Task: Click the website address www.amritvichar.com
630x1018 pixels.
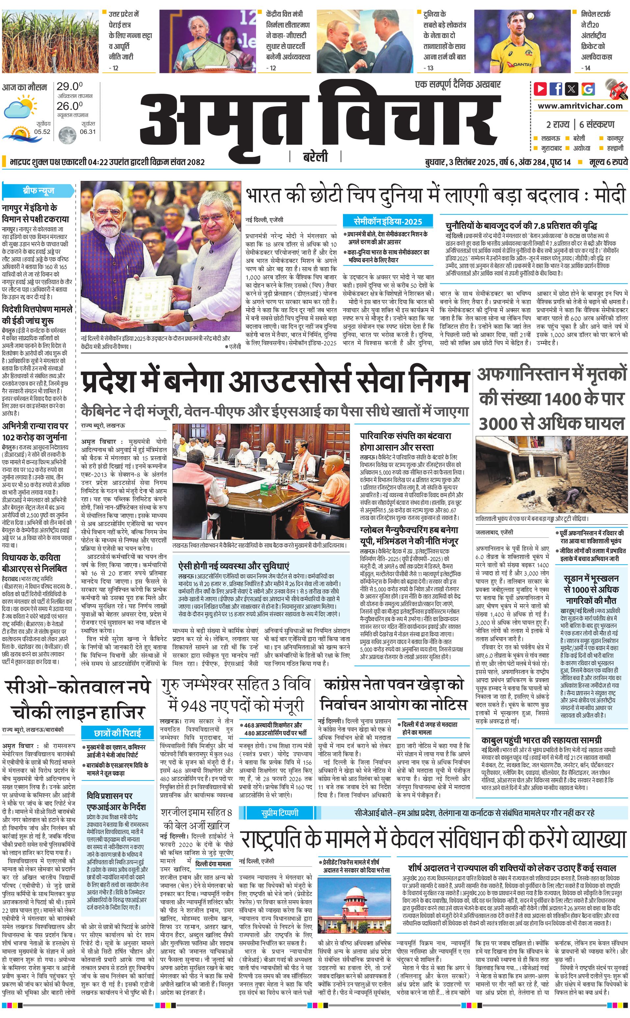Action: (580, 106)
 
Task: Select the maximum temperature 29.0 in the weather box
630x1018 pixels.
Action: (69, 87)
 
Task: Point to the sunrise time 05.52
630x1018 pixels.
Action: (42, 132)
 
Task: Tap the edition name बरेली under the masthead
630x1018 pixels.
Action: (315, 157)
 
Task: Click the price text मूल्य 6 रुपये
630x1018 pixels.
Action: (608, 162)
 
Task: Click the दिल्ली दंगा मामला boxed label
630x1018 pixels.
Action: (213, 864)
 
